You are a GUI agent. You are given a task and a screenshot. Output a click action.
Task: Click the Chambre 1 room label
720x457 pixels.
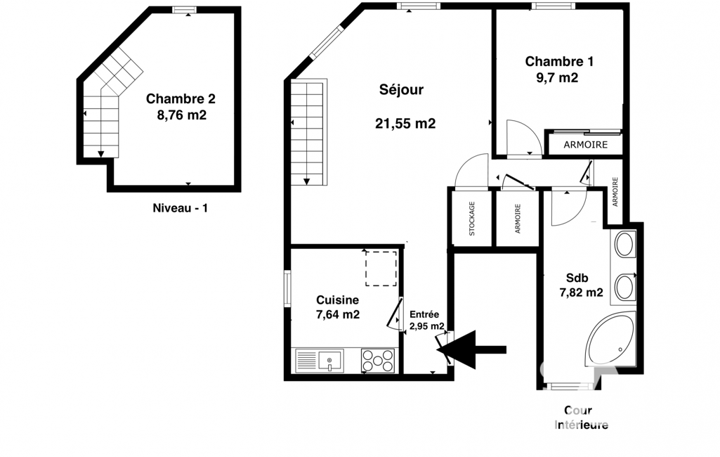click(x=559, y=61)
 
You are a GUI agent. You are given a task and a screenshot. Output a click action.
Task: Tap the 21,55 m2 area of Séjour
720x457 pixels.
click(x=405, y=123)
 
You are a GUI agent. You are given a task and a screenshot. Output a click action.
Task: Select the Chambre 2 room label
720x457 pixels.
click(x=181, y=98)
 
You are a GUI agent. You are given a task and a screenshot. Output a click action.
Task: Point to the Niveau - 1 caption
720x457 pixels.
click(x=180, y=208)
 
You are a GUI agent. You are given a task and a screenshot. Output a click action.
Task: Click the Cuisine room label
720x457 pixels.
click(x=337, y=300)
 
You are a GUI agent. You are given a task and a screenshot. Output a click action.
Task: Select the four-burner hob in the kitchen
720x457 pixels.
click(x=377, y=360)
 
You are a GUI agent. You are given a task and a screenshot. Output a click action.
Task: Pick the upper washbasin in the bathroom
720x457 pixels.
click(x=624, y=244)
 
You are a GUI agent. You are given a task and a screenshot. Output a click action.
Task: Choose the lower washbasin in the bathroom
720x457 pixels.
click(x=624, y=287)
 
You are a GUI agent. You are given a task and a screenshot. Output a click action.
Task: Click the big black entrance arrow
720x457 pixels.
click(x=471, y=349)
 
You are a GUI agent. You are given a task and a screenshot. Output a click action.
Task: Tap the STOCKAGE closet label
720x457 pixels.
click(x=471, y=219)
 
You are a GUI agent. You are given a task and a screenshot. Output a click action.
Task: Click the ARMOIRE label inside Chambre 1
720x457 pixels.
click(x=585, y=145)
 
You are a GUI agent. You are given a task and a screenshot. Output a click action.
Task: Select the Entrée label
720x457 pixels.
click(x=424, y=314)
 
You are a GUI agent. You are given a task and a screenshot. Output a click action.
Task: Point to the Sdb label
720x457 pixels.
click(x=577, y=278)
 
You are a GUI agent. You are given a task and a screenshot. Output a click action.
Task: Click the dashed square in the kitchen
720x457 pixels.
click(x=381, y=269)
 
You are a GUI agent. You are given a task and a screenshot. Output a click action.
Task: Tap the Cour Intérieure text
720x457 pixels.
click(x=581, y=418)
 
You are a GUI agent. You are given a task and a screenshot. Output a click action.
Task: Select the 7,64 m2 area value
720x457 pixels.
click(x=337, y=314)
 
